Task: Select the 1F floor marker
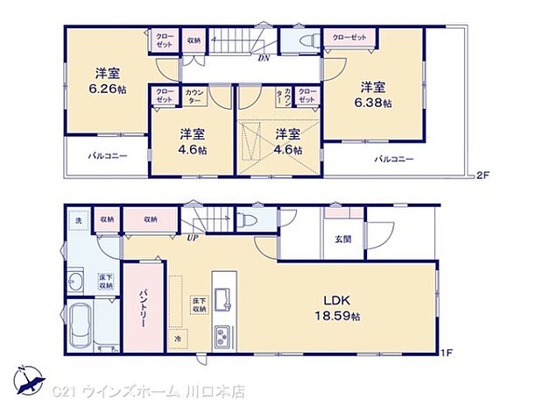tap(447, 353)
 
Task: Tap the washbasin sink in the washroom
tap(75, 282)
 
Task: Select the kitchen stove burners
tap(222, 333)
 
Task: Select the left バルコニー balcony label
tap(107, 155)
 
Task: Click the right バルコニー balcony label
tap(395, 159)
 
